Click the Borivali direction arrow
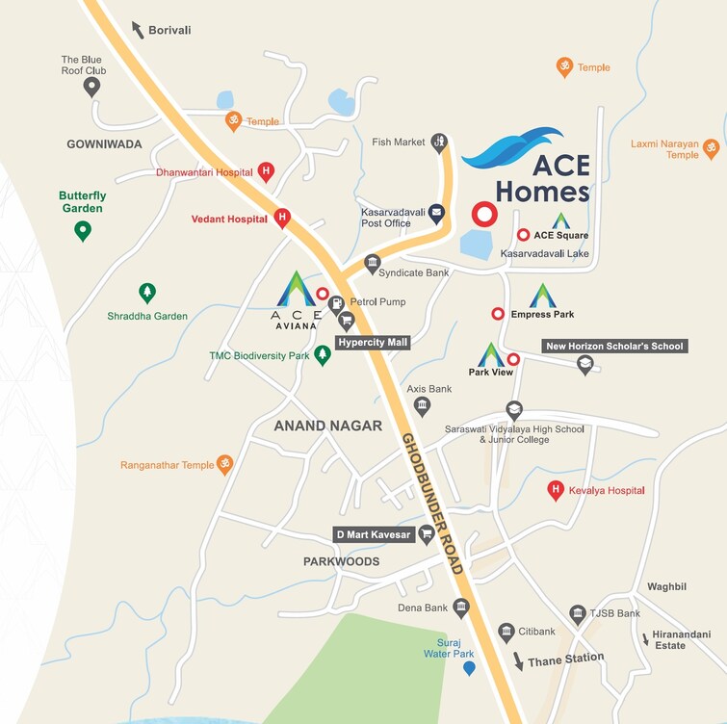[137, 29]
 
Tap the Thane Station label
[566, 659]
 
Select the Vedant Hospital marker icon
[282, 218]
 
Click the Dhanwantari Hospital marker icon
[266, 172]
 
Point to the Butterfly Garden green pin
[83, 230]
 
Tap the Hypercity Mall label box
[373, 342]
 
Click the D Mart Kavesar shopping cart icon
[426, 533]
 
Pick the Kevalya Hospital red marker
[555, 490]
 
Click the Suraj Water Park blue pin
[469, 667]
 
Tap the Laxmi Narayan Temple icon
[711, 147]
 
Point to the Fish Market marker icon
[439, 142]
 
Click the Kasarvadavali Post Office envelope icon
[437, 213]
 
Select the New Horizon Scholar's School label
[614, 347]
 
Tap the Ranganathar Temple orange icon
[224, 464]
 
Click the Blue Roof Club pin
[92, 88]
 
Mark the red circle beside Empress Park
[498, 314]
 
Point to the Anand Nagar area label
[327, 426]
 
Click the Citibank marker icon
[506, 632]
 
